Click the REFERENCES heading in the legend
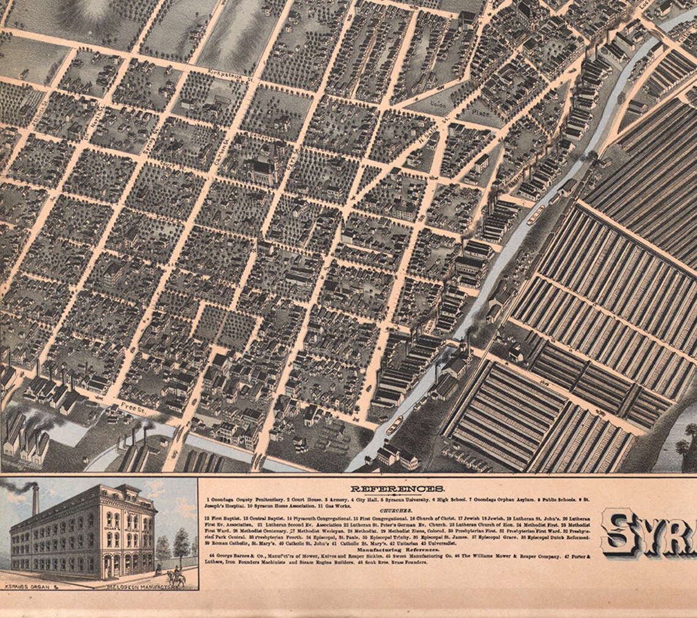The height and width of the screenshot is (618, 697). coord(397,489)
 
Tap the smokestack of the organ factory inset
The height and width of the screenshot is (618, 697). coord(35,499)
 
